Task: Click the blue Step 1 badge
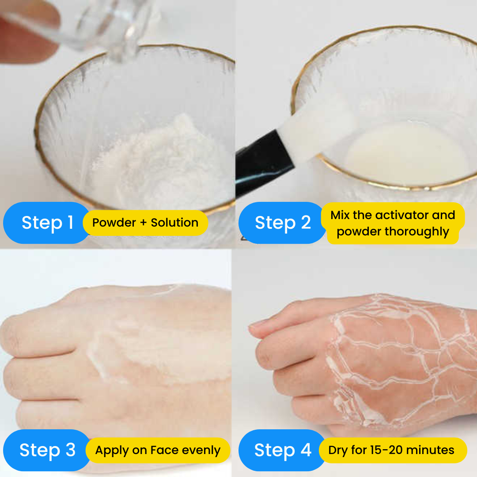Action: coord(47,223)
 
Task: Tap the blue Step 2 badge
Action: coord(282,223)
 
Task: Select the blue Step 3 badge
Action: coord(47,450)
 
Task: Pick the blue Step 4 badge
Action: coord(282,450)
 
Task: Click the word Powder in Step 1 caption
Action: coord(114,223)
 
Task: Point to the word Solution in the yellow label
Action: coord(174,223)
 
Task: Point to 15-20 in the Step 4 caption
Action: coord(387,450)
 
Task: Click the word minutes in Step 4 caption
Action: coord(430,450)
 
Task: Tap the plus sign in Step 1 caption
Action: coord(143,223)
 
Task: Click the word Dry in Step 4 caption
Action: coord(338,450)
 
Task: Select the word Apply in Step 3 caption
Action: coord(112,450)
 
